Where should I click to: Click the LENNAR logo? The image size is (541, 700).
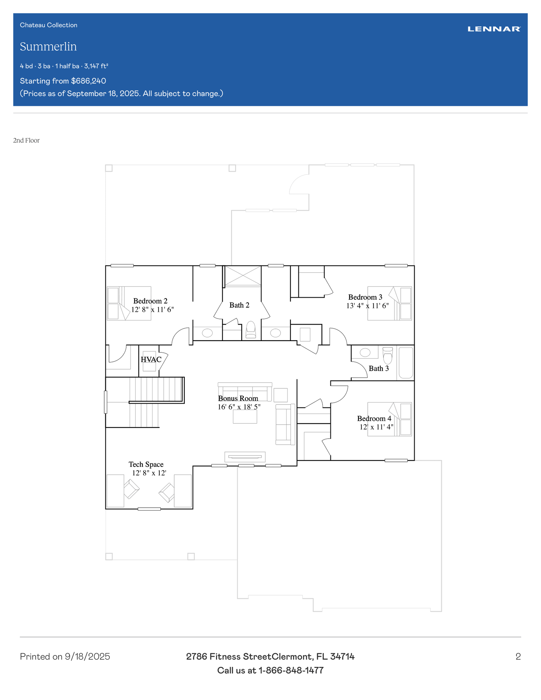(x=494, y=29)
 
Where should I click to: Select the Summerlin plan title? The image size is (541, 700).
(x=48, y=46)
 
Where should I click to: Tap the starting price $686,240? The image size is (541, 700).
(x=89, y=81)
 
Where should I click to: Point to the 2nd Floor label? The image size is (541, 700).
(x=26, y=140)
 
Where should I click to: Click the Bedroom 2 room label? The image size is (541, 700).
(x=150, y=301)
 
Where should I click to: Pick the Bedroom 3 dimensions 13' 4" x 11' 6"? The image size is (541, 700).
(x=367, y=306)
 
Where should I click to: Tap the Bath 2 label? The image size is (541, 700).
(x=239, y=305)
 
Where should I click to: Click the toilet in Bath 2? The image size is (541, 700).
(x=251, y=329)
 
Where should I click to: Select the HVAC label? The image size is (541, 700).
(x=151, y=360)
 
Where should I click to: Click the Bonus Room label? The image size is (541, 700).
(x=238, y=399)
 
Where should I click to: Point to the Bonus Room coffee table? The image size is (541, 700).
(x=245, y=416)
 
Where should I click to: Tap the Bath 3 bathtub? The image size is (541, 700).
(x=406, y=363)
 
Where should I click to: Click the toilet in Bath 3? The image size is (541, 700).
(x=388, y=356)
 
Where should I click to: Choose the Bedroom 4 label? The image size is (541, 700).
(x=374, y=419)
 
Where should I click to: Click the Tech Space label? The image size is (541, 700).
(x=146, y=465)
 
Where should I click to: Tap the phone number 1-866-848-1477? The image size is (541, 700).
(x=291, y=671)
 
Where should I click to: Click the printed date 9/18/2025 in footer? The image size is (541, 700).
(x=87, y=657)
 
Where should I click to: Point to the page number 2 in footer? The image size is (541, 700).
(x=518, y=657)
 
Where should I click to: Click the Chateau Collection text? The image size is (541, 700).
(x=49, y=25)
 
